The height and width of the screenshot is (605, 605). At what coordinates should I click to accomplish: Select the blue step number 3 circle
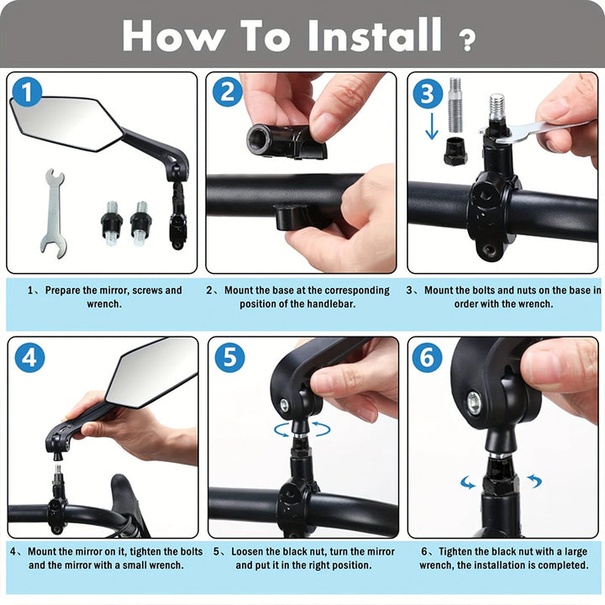click(x=427, y=93)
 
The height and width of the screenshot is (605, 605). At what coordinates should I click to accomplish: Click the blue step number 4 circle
click(x=29, y=357)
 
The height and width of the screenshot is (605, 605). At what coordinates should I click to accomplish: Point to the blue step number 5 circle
click(x=229, y=357)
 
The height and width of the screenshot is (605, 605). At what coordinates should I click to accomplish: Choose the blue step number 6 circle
click(x=428, y=357)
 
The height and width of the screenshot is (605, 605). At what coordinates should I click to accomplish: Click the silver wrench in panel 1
click(x=52, y=211)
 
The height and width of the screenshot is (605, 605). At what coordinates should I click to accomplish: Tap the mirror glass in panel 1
click(x=63, y=121)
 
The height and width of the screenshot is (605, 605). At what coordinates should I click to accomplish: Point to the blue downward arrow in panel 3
click(x=431, y=126)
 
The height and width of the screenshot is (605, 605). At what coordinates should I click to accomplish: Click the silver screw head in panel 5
click(x=286, y=405)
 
